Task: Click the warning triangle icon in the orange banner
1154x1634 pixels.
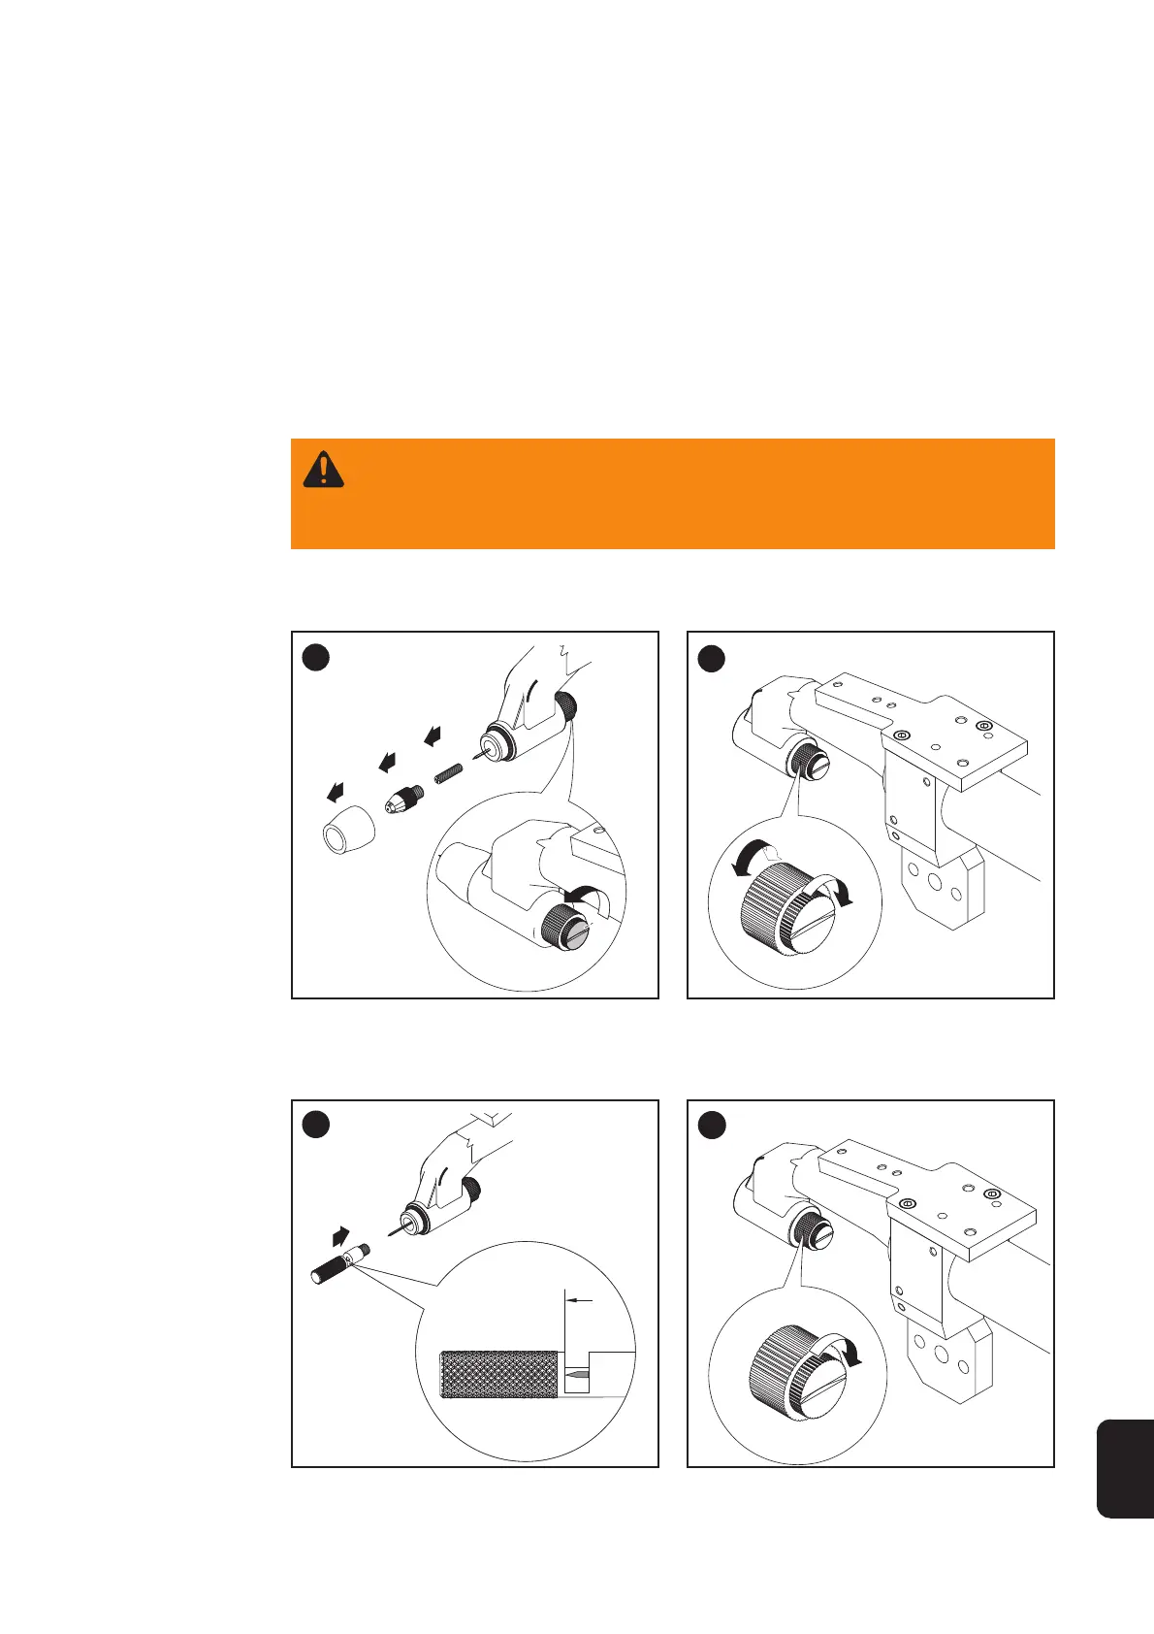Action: (x=323, y=470)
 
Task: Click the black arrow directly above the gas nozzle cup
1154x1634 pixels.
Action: (x=336, y=794)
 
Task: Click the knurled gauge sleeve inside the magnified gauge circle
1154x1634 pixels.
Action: (x=498, y=1376)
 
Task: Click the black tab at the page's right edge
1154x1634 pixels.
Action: (x=1125, y=1467)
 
